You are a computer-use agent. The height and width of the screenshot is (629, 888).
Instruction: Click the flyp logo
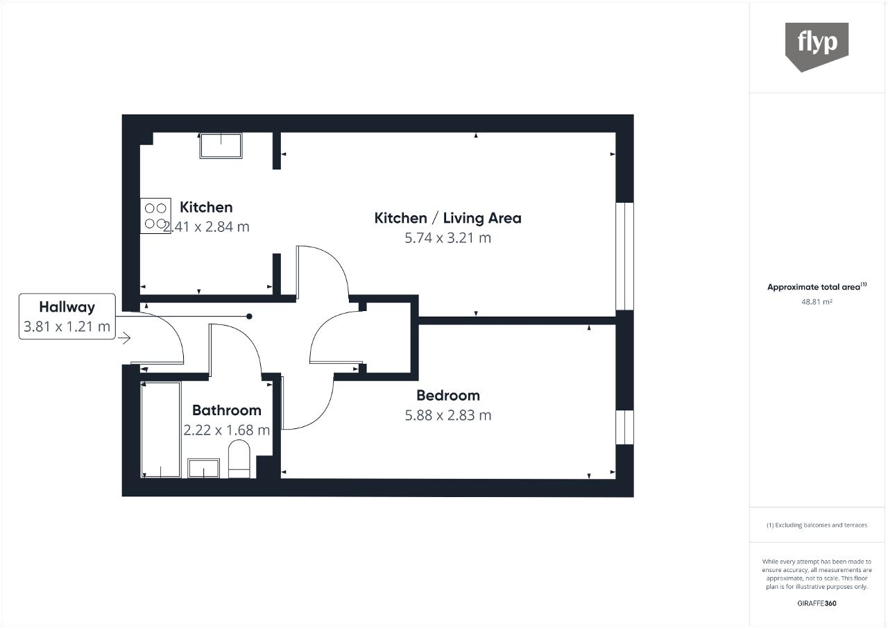click(x=817, y=47)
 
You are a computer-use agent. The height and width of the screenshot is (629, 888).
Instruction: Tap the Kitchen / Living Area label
click(x=447, y=218)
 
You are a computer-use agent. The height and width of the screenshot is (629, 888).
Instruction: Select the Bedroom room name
click(x=448, y=396)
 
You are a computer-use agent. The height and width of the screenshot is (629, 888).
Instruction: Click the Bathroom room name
click(x=226, y=410)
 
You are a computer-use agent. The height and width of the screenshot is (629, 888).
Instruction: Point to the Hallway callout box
click(x=67, y=317)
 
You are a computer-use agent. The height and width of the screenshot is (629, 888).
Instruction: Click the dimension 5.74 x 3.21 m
click(x=447, y=238)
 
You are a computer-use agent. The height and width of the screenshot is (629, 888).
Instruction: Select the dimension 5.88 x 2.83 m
click(x=448, y=415)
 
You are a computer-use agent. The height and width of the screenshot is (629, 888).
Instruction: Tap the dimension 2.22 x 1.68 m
click(x=226, y=430)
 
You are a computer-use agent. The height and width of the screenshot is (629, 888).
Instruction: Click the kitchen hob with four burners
click(x=155, y=216)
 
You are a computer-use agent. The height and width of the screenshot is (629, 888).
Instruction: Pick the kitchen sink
click(x=221, y=146)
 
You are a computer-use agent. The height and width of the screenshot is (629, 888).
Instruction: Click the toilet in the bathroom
click(x=239, y=458)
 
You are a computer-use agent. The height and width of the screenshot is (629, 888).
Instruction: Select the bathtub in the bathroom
click(x=160, y=430)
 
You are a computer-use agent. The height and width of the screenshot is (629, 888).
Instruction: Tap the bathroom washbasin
click(x=203, y=469)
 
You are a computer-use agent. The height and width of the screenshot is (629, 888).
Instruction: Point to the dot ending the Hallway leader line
click(x=249, y=317)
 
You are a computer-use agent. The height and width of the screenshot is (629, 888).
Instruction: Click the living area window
click(x=625, y=256)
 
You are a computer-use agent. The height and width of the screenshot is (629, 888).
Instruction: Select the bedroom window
click(x=625, y=427)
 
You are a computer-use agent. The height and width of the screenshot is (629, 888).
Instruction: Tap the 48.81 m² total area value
click(x=817, y=302)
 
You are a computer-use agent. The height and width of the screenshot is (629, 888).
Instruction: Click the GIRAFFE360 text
click(x=817, y=603)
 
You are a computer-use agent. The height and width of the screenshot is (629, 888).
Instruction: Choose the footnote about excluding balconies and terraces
click(x=817, y=525)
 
